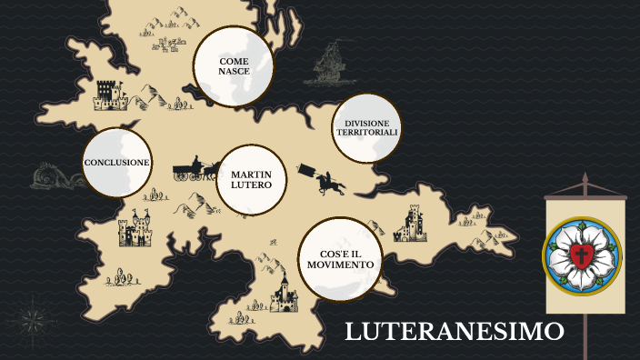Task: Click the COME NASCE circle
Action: [234, 66]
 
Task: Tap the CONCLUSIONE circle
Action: [116, 163]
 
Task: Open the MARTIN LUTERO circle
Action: [252, 179]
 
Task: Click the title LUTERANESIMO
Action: [455, 332]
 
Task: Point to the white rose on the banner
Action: [582, 252]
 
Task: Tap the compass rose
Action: [33, 320]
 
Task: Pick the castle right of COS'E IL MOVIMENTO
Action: [414, 223]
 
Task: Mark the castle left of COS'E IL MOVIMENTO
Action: [285, 293]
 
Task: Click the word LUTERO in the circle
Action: [252, 185]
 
